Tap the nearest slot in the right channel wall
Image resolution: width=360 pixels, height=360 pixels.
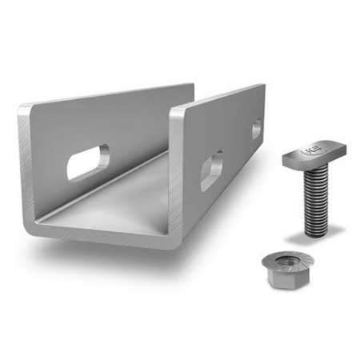(211, 170)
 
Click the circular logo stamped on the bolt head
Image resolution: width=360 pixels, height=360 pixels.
(308, 149)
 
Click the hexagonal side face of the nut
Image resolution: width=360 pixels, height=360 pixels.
(282, 281)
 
